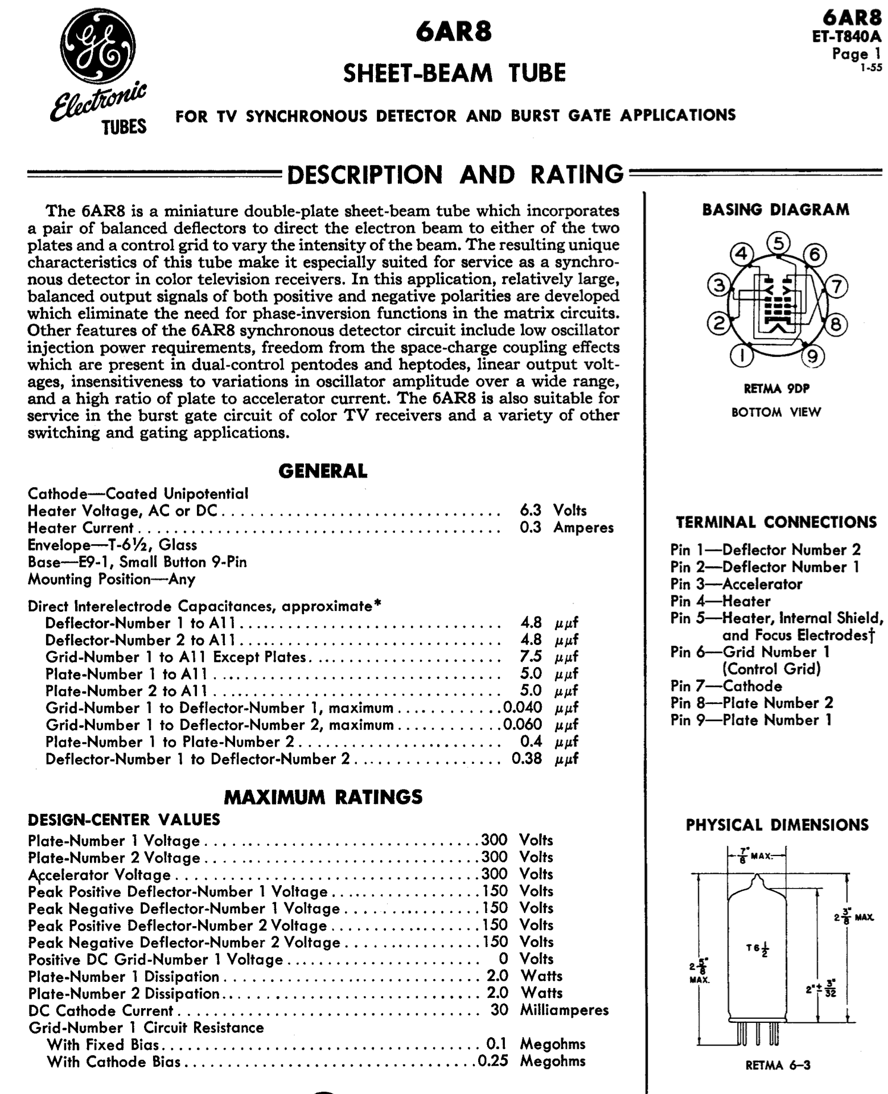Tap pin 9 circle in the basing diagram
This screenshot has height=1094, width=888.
click(x=813, y=356)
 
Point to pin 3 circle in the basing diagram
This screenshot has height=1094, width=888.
click(x=719, y=286)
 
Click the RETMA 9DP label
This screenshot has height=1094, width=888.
click(x=776, y=389)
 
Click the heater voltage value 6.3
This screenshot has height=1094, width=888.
click(x=531, y=510)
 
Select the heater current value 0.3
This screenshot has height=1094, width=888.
click(x=531, y=527)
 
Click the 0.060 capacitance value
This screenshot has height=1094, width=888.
click(x=523, y=725)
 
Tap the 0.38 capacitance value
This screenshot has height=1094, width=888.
click(x=527, y=759)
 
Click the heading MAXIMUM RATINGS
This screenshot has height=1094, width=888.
click(x=323, y=797)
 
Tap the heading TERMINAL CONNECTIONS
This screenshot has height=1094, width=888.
click(x=776, y=522)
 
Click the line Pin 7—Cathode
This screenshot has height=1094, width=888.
click(x=726, y=686)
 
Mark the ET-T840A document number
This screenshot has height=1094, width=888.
click(x=847, y=38)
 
